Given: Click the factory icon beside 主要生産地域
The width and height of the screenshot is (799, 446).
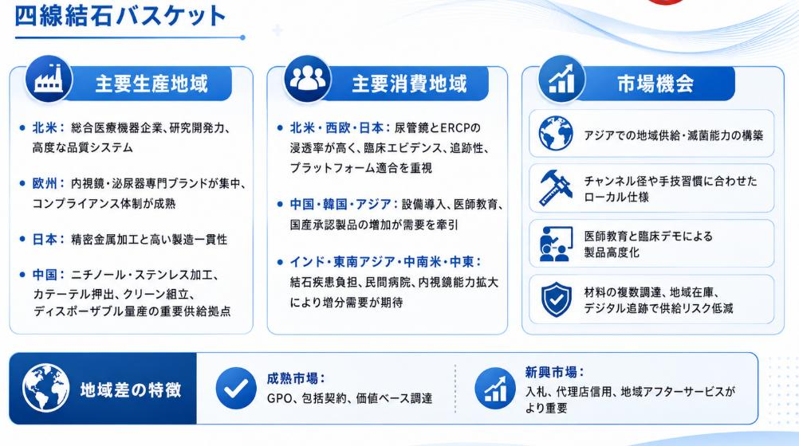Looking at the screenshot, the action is point(49,79).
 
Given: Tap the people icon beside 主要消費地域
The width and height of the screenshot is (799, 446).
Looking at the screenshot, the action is point(308,79).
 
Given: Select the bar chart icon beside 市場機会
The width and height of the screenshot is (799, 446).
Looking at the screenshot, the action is point(561,79).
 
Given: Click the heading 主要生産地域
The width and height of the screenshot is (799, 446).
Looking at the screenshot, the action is point(152,84).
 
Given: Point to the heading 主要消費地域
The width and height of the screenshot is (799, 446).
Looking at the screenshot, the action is point(410,84).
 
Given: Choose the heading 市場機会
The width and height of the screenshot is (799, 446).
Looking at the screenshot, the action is point(655,84).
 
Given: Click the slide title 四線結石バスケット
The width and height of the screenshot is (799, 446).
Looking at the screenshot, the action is point(120,15).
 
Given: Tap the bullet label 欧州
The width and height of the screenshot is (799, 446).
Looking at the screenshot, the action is point(45,183).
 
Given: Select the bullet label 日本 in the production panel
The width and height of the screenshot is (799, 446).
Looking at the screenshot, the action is point(45,239).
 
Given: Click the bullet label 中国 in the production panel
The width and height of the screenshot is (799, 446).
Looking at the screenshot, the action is point(45,275).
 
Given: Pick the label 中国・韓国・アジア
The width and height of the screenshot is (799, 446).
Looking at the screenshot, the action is point(340,204).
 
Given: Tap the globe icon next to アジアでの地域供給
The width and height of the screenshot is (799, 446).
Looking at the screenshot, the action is point(556,133).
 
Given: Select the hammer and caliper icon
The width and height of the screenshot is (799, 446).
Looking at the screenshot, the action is point(556,188).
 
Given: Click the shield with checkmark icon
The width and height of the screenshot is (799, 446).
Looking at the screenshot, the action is point(556,299).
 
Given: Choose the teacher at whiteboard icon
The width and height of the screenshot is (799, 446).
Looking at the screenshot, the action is point(556,244).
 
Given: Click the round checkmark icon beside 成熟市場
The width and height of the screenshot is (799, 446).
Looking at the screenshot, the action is point(236,389).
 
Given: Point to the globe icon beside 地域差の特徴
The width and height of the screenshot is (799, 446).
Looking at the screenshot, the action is point(46,388).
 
